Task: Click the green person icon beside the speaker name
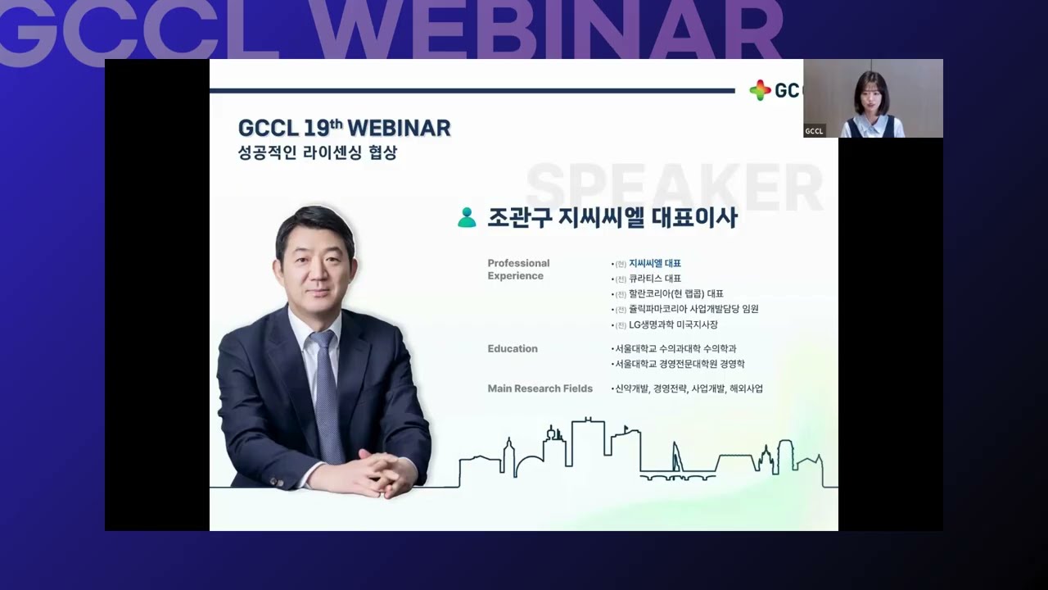[x=467, y=217]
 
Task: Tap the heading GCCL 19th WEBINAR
[x=344, y=129]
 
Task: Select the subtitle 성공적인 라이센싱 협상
[x=318, y=152]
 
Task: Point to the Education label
[x=513, y=348]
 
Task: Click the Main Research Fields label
[x=540, y=388]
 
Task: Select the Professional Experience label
[x=518, y=270]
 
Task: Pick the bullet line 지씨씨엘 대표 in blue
[x=654, y=263]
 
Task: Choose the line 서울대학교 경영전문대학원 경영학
[x=679, y=364]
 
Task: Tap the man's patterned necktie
[x=327, y=393]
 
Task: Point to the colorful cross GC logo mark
[x=760, y=90]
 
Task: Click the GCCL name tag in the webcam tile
[x=814, y=131]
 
